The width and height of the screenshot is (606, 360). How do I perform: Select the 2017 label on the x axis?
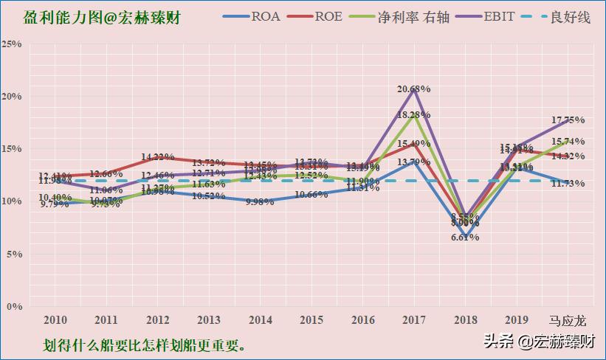(x=413, y=320)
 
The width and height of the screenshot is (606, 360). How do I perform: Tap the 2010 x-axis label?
(x=55, y=320)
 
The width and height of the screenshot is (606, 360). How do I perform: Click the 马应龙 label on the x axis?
(x=568, y=320)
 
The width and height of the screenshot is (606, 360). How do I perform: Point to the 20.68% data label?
(x=413, y=89)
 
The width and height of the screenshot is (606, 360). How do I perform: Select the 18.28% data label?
(x=413, y=115)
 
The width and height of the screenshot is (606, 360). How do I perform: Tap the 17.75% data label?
(x=568, y=120)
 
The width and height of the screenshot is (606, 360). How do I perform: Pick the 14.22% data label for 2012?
(x=157, y=157)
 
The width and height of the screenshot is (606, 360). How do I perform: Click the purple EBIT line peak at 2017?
(x=413, y=90)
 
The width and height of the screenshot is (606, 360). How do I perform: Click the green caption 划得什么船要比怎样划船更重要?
(x=144, y=345)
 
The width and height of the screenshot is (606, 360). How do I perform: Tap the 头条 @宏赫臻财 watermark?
(x=539, y=342)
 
